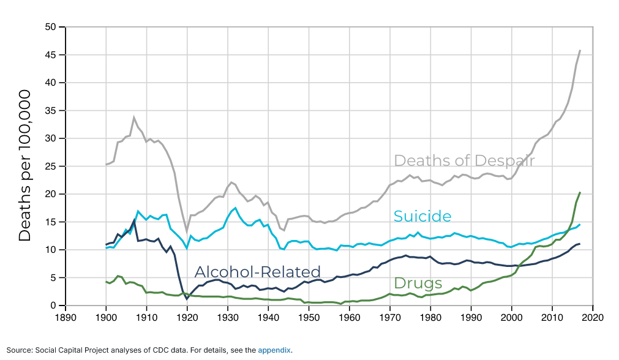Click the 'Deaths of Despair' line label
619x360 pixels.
pos(464,160)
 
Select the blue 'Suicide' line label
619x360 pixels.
pos(422,216)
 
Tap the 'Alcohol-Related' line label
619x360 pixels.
pos(258,272)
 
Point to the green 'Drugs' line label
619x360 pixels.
pos(418,283)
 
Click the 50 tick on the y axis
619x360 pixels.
pos(50,27)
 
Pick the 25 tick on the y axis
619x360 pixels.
pos(50,167)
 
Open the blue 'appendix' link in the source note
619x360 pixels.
pos(274,350)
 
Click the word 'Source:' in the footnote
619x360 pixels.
pos(19,350)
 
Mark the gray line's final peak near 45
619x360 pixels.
pos(580,50)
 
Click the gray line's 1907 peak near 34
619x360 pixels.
pos(134,118)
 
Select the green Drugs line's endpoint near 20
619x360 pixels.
pos(580,193)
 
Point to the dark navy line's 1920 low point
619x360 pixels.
pos(187,299)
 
